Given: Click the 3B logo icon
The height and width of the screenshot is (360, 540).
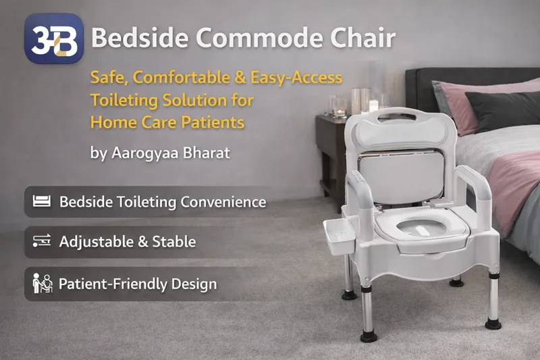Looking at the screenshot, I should click(54, 38).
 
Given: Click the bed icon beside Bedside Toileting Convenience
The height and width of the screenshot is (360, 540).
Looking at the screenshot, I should click(42, 201).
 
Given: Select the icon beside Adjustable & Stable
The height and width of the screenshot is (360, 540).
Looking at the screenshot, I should click(42, 241).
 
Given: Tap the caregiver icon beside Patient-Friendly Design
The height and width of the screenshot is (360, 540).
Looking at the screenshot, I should click(42, 283).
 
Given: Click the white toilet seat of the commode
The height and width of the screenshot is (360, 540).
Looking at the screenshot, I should click(421, 226).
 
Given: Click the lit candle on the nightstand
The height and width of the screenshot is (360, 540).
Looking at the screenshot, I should click(373, 106).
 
